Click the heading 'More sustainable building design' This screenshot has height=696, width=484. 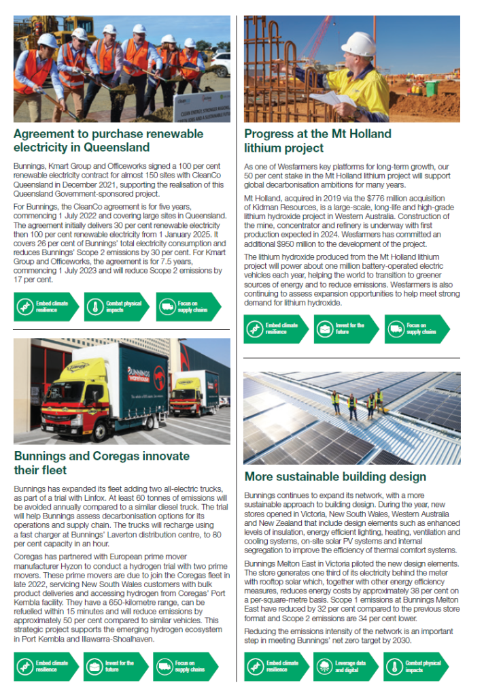335,477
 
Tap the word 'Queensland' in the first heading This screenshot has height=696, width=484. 118,147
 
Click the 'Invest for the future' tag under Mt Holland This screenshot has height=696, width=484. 345,329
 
